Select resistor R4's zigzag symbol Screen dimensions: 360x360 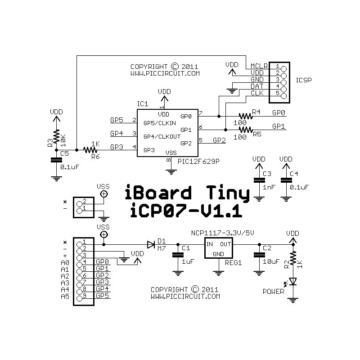[x=246, y=116]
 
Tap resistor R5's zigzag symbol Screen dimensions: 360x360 [x=246, y=130]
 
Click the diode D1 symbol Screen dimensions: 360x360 [x=151, y=245]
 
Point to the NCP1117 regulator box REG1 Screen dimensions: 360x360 [x=218, y=249]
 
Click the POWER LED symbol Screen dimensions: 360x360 [x=293, y=281]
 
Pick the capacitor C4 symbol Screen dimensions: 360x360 [x=285, y=180]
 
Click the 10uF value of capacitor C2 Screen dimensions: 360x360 [x=270, y=261]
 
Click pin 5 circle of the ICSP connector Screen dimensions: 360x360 [x=283, y=94]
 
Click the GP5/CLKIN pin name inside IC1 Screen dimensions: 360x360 [x=159, y=123]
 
